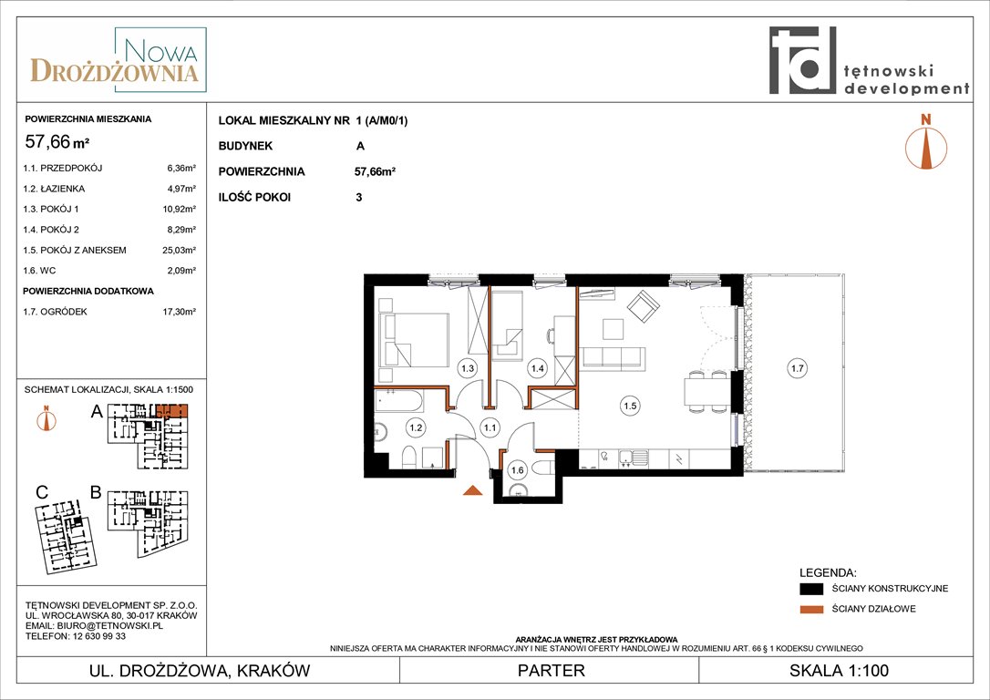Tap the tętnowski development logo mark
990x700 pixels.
point(802,60)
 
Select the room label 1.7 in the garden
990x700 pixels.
point(798,368)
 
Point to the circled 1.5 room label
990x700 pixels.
point(630,406)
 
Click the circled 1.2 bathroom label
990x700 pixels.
point(416,427)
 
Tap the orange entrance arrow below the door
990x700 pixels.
point(472,489)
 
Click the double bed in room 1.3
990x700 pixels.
point(414,340)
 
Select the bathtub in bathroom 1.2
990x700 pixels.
point(399,401)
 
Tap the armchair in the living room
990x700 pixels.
point(644,307)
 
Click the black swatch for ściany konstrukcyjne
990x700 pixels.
point(811,589)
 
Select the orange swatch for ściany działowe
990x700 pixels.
point(811,609)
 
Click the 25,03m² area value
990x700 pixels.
point(180,250)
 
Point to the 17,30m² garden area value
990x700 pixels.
point(180,311)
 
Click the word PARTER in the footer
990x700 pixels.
point(552,670)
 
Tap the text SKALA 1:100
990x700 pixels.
point(839,670)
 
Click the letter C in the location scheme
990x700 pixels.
point(42,492)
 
